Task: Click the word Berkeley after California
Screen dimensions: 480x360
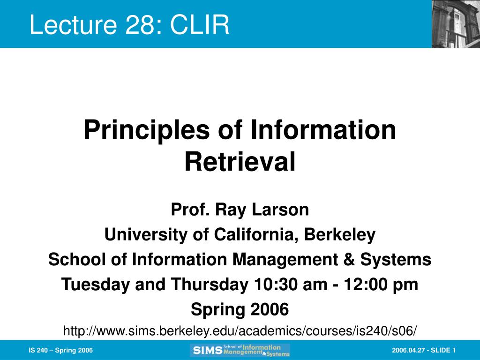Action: pos(339,235)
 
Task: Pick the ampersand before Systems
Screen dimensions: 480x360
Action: pos(349,260)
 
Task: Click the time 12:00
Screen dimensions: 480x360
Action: pos(366,285)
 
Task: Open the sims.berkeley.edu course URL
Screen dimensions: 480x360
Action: pos(240,331)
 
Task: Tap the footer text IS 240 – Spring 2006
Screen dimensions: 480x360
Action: pos(60,350)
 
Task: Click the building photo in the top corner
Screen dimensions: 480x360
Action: pos(456,24)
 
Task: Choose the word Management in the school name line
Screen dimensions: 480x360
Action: pos(285,260)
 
